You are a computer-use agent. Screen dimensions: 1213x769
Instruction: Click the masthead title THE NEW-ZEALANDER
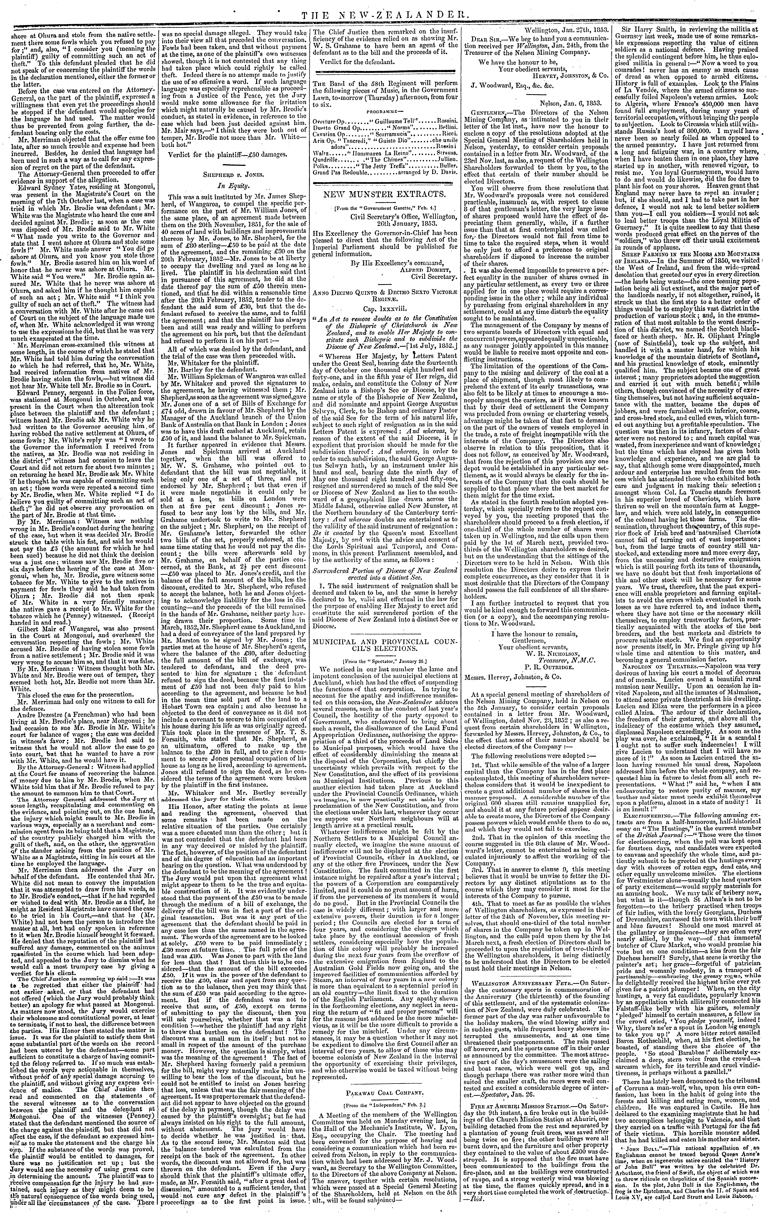tap(384, 7)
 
